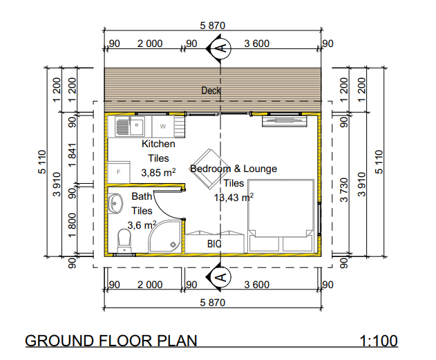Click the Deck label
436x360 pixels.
coord(211,91)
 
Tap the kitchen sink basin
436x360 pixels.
coord(137,126)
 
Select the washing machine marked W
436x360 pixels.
coord(163,126)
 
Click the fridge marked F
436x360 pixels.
coord(119,172)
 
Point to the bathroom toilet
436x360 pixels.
coord(124,240)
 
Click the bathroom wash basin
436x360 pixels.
coord(115,203)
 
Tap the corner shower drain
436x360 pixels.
coord(173,245)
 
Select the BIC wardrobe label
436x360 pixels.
coord(214,244)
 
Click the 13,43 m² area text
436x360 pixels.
coord(234,198)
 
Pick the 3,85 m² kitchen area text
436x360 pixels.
coord(158,172)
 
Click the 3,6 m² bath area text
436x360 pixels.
coord(142,225)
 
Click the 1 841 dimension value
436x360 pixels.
coord(72,155)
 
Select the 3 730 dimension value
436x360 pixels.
coord(344,190)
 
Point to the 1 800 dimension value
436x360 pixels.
coord(72,225)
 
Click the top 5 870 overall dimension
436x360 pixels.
coord(212,26)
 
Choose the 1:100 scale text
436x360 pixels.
coord(379,341)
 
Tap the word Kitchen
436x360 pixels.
coord(158,144)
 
